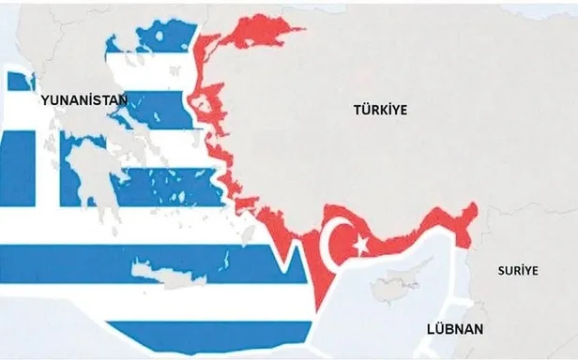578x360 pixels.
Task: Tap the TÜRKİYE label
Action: pyautogui.click(x=382, y=110)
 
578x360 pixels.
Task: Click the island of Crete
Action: pyautogui.click(x=168, y=271)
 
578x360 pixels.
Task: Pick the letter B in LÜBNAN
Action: pyautogui.click(x=449, y=329)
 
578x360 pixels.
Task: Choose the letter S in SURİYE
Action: pyautogui.click(x=499, y=270)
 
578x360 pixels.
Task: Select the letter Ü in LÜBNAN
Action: pyautogui.click(x=436, y=329)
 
